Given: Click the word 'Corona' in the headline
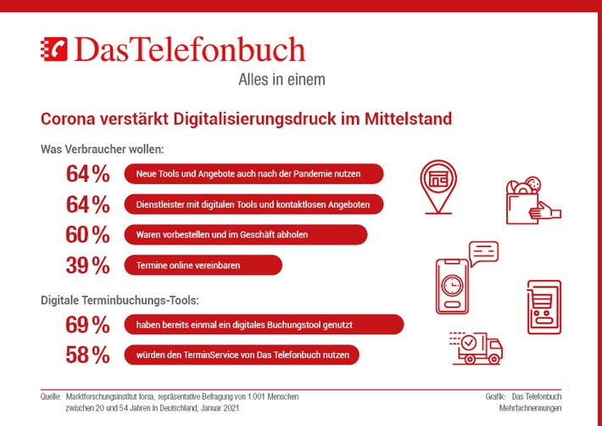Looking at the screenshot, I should click(70, 118).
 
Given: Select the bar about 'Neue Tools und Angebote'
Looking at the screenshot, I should click(254, 174).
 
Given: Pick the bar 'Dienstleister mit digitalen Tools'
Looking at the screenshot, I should click(254, 205).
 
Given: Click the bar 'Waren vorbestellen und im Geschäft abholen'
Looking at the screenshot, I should click(246, 234).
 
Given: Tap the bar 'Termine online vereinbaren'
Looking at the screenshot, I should click(203, 265).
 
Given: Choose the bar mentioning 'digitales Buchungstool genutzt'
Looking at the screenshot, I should click(264, 324).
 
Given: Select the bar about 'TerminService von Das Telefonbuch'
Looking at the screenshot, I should click(241, 355).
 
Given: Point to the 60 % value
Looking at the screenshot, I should click(88, 235).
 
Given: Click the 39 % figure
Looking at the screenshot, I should click(88, 266).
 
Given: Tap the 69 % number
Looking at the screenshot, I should click(88, 325).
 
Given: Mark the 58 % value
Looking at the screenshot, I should click(88, 356).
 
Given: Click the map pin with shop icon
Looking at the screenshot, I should click(439, 186).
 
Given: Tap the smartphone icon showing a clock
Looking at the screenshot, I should click(453, 284).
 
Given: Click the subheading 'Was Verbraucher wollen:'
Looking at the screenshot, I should click(102, 149).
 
